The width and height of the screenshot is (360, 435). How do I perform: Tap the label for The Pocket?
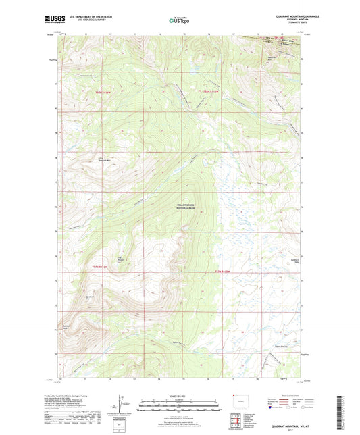122,257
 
